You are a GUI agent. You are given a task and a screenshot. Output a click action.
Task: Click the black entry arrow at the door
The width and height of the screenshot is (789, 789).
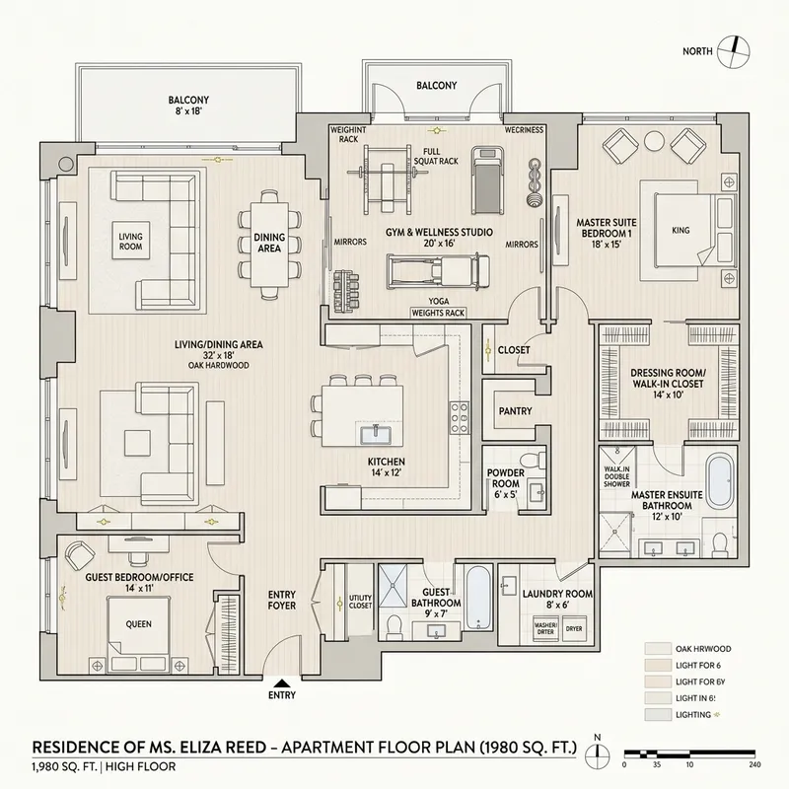pos(282,682)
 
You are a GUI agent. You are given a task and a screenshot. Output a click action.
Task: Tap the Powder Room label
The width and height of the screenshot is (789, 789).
pos(506,477)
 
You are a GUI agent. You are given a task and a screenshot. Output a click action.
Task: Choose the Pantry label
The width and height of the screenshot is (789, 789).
pos(515,410)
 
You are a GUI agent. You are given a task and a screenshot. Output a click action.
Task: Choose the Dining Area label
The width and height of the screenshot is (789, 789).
pos(268,243)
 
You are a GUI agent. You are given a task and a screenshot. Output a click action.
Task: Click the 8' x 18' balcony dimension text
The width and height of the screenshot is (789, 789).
pos(188,112)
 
